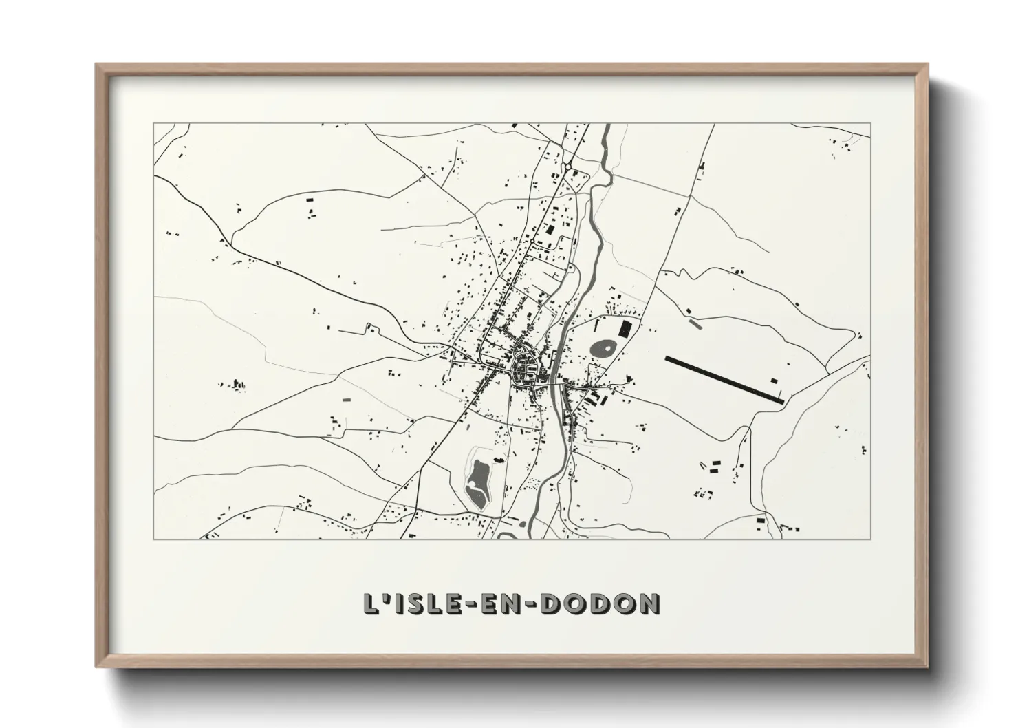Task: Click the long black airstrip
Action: coord(724,378)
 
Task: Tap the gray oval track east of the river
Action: coord(603,348)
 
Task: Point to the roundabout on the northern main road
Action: coord(568,166)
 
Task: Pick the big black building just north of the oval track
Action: coord(625,328)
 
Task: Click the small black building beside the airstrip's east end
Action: coord(774,380)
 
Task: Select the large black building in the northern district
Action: coord(550,230)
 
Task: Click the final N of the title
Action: coord(648,603)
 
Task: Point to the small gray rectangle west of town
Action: coord(347,398)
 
